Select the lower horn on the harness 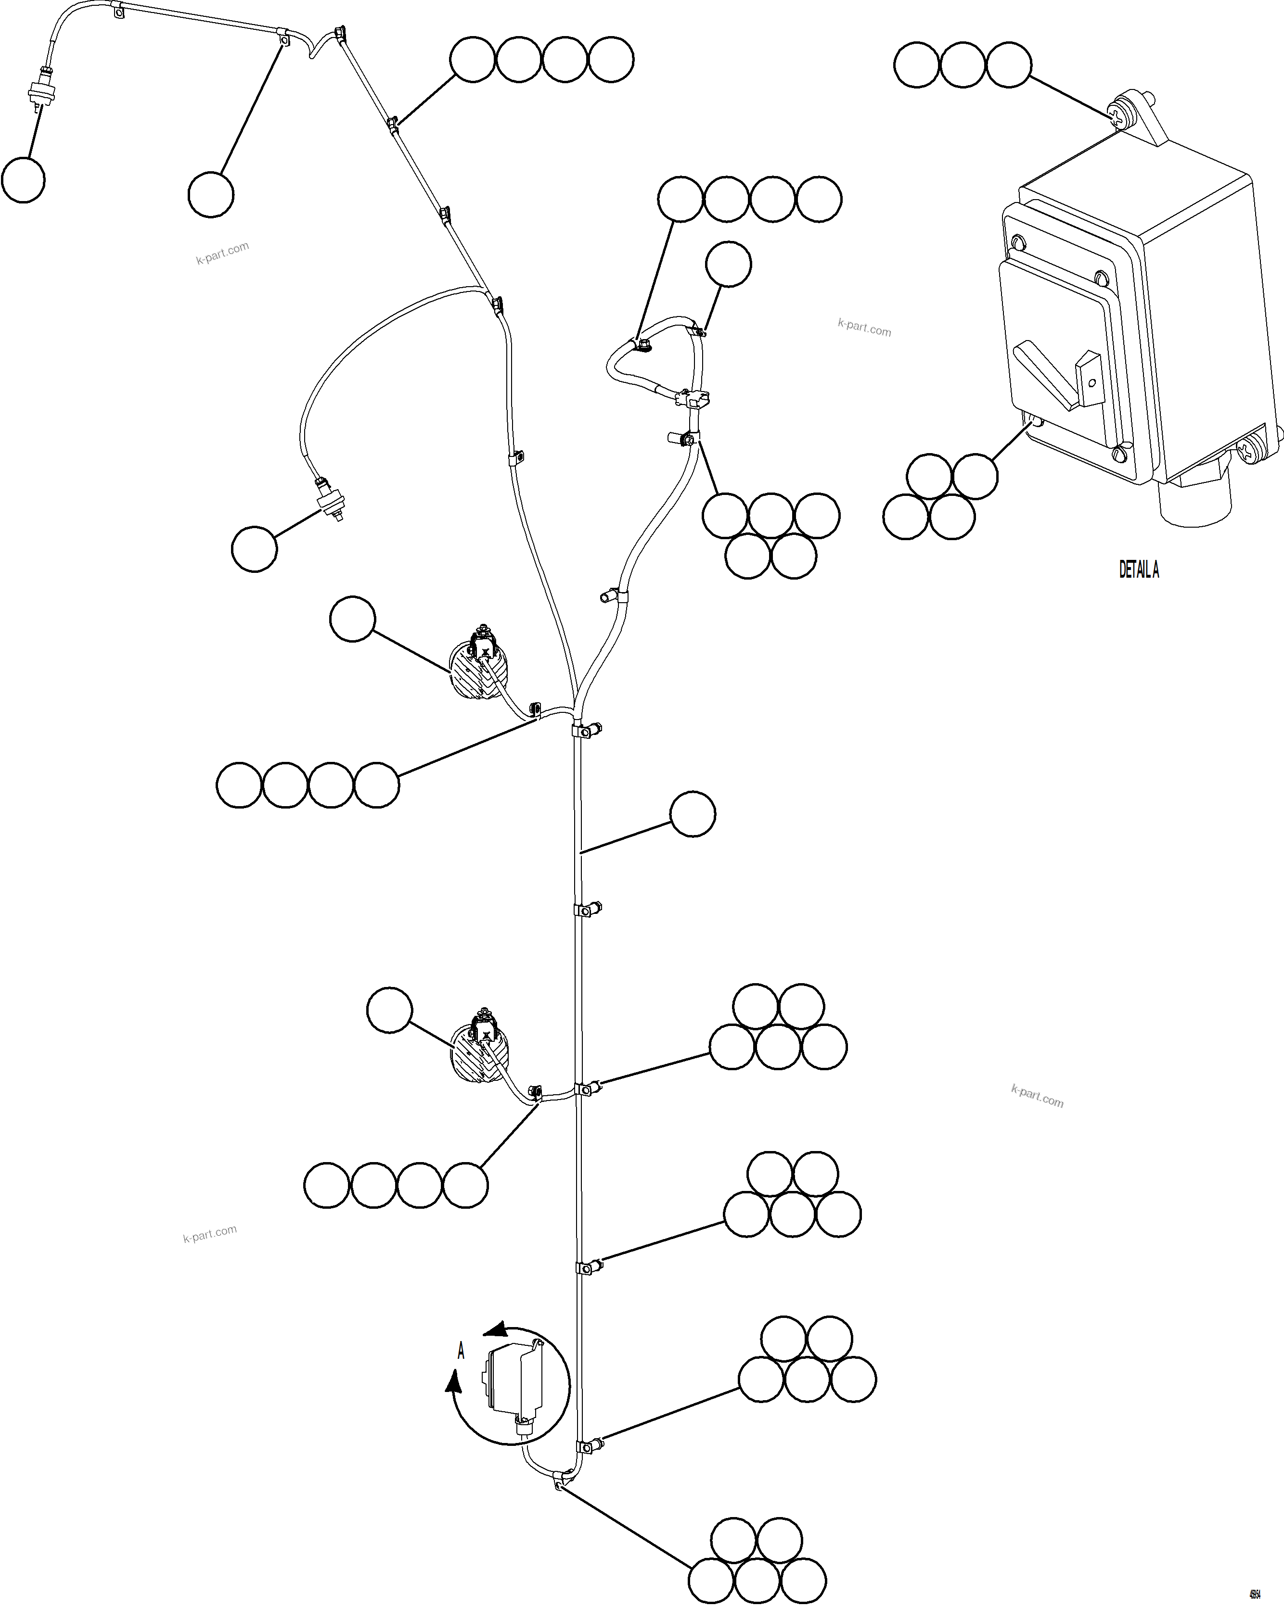tap(481, 1052)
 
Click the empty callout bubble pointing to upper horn tap(352, 619)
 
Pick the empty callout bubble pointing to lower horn tap(389, 1010)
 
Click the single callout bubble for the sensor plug tap(254, 549)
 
